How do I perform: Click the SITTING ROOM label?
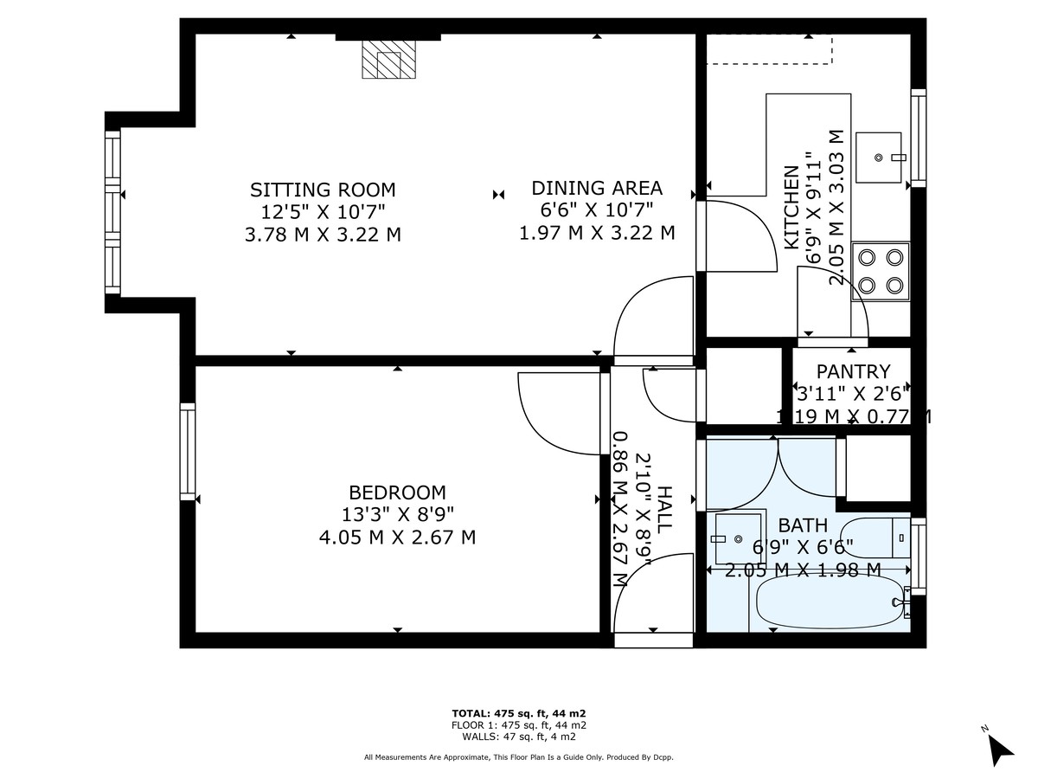tap(323, 190)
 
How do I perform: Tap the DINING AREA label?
tap(597, 188)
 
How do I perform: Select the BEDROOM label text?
tap(397, 493)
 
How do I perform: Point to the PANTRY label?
tap(853, 372)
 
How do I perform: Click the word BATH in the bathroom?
tap(803, 525)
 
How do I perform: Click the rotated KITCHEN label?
tap(791, 207)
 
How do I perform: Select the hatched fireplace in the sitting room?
tap(388, 59)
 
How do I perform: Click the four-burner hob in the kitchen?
tap(881, 272)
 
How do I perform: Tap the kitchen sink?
tap(878, 158)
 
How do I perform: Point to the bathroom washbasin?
tap(737, 538)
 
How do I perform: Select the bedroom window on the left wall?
tap(188, 452)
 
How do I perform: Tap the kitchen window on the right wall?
tap(919, 138)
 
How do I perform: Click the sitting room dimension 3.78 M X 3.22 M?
tap(323, 235)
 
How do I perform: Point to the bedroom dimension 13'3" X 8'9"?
tap(397, 514)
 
